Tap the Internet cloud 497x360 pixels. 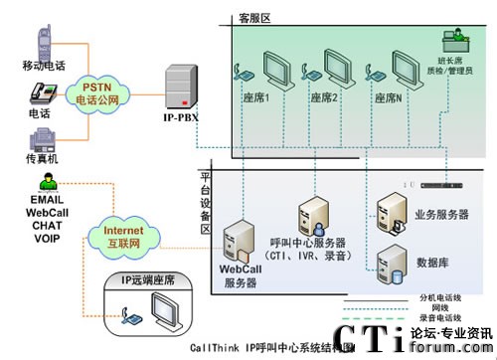coord(117,237)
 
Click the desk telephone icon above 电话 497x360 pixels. coord(41,91)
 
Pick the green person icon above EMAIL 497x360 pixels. coord(46,180)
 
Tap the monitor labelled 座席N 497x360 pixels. coord(410,69)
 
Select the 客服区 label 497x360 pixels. coord(253,16)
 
